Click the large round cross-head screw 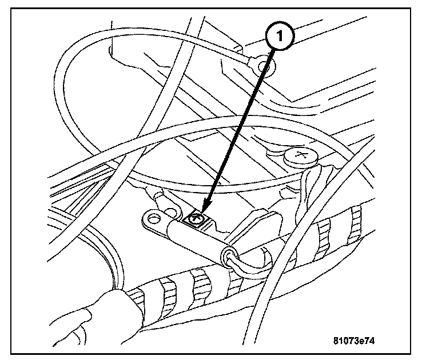click(300, 154)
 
